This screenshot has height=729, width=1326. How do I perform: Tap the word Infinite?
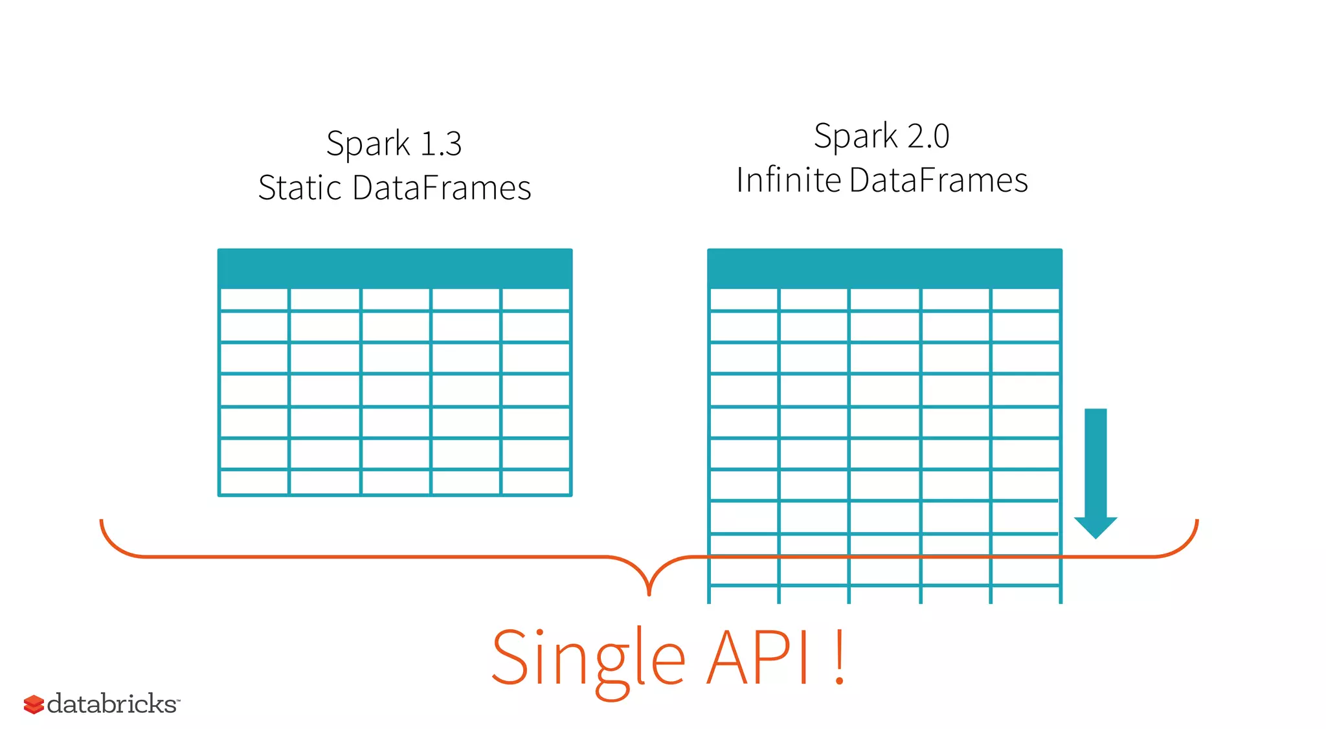click(789, 180)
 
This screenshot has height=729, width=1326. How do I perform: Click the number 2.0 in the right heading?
click(928, 137)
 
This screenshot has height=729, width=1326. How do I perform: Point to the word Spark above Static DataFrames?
click(368, 144)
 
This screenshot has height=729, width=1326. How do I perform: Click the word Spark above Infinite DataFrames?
click(855, 137)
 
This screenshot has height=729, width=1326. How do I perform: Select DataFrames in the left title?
click(442, 188)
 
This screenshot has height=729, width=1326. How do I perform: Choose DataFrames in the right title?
click(938, 180)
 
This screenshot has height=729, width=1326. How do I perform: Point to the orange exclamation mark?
click(839, 657)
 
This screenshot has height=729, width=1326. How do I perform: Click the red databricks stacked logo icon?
click(34, 704)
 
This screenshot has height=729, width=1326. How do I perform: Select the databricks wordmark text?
click(113, 704)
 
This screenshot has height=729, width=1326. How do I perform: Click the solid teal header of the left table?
click(394, 268)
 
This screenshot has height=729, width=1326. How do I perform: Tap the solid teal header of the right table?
click(884, 268)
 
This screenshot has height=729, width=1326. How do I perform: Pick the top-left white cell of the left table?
click(254, 300)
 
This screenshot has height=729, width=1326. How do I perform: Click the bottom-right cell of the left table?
click(535, 482)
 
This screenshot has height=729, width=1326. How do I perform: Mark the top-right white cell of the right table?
click(1025, 300)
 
